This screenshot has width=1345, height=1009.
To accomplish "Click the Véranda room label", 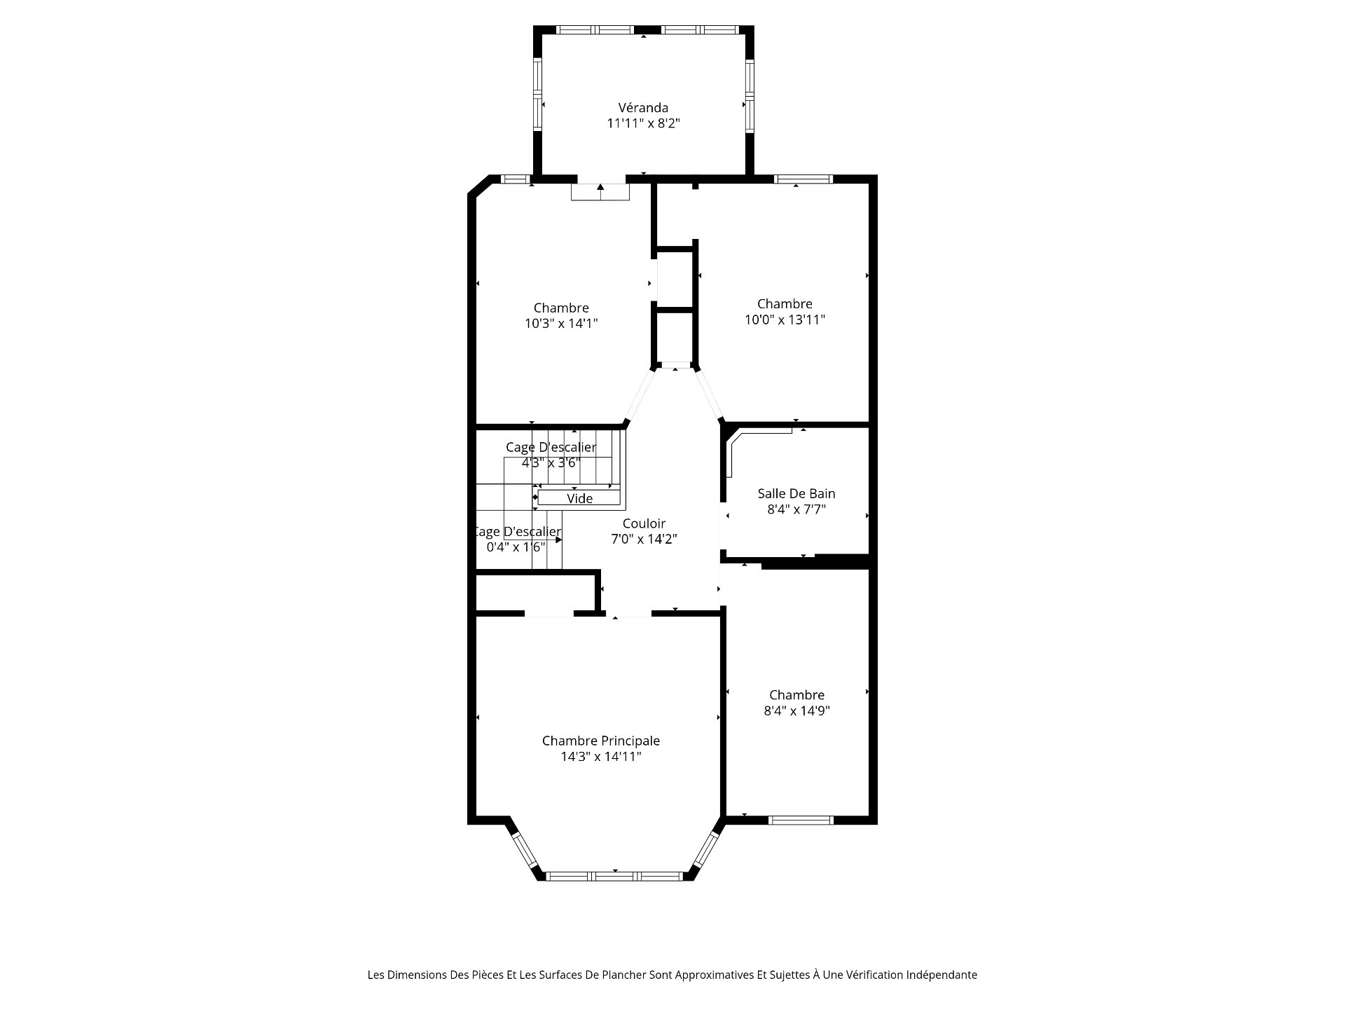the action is [643, 108].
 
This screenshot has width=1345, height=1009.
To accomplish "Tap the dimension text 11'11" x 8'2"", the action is [643, 123].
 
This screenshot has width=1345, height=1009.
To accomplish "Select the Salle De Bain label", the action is [796, 493].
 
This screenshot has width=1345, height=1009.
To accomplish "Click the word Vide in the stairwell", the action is [579, 498].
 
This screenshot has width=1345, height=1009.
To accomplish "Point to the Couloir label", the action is [644, 523].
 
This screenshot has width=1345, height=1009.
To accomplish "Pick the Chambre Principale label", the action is [601, 741].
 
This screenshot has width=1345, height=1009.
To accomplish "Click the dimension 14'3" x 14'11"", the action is [601, 757].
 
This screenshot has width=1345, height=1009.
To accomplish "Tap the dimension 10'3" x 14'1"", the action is [561, 324].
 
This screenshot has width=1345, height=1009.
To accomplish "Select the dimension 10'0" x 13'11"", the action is [785, 320].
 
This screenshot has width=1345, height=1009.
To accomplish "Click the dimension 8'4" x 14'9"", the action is [796, 711].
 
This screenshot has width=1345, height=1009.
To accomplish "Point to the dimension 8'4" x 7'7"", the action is [796, 509].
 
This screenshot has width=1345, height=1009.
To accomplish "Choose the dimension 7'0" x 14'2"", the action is [644, 540].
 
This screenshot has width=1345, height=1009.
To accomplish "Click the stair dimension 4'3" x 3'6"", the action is [551, 463].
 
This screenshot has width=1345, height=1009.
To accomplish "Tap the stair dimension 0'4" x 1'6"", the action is [516, 547].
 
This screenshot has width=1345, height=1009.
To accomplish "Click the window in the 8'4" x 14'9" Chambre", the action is [801, 820].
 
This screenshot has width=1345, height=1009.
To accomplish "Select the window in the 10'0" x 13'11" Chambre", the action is [803, 179].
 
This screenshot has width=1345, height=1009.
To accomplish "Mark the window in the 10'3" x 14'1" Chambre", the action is [516, 179].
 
